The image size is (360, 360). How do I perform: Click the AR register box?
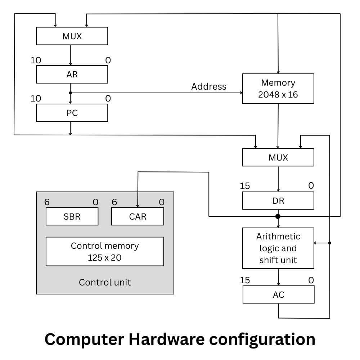pyautogui.click(x=72, y=75)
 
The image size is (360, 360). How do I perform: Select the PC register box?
pyautogui.click(x=72, y=113)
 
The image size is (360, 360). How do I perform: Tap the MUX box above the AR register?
pyautogui.click(x=72, y=36)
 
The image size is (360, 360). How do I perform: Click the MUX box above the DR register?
pyautogui.click(x=278, y=158)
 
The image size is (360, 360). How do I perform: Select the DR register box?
pyautogui.click(x=278, y=201)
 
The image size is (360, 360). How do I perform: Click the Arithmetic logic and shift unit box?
pyautogui.click(x=278, y=248)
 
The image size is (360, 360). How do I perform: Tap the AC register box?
pyautogui.click(x=278, y=295)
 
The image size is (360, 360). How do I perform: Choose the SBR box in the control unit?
pyautogui.click(x=72, y=217)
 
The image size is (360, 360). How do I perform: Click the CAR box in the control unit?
pyautogui.click(x=138, y=217)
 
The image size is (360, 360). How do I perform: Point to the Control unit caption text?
pyautogui.click(x=105, y=282)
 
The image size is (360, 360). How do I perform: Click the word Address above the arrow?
pyautogui.click(x=209, y=86)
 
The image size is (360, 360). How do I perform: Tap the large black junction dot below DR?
pyautogui.click(x=278, y=216)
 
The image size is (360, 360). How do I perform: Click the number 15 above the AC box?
pyautogui.click(x=245, y=280)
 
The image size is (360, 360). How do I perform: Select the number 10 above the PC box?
pyautogui.click(x=36, y=98)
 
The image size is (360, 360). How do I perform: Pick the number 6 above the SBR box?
pyautogui.click(x=47, y=202)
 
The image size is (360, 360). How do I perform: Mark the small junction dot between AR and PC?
pyautogui.click(x=71, y=93)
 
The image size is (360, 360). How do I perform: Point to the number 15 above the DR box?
pyautogui.click(x=245, y=186)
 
